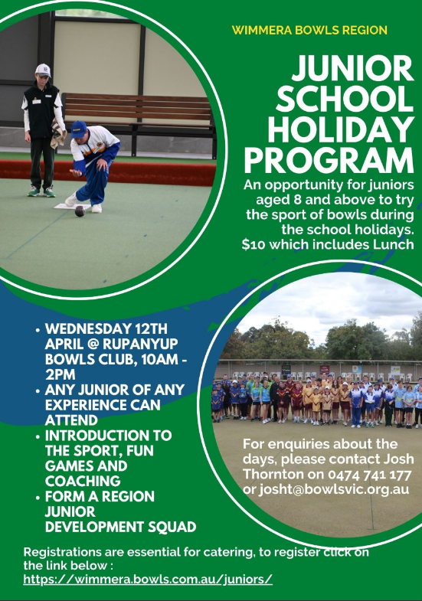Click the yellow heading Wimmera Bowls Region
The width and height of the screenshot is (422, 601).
click(x=309, y=31)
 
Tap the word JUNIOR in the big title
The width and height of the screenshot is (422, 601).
click(x=352, y=69)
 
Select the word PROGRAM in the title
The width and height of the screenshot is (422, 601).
click(x=329, y=160)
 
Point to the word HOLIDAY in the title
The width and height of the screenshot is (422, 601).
click(x=341, y=129)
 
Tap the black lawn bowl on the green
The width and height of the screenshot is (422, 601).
click(x=80, y=211)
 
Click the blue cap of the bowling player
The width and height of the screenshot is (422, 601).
click(x=79, y=129)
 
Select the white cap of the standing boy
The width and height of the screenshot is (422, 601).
click(x=43, y=70)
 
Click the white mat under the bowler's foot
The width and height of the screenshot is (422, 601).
click(x=72, y=207)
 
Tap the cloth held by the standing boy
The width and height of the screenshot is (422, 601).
click(x=58, y=133)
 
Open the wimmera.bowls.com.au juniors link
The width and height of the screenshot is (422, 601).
click(x=148, y=579)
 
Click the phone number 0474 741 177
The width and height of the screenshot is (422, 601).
click(x=369, y=475)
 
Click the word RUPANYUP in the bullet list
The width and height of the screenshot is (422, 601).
click(x=140, y=344)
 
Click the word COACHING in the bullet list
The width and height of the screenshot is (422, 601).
click(x=83, y=481)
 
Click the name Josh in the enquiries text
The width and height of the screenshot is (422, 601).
click(x=399, y=459)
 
